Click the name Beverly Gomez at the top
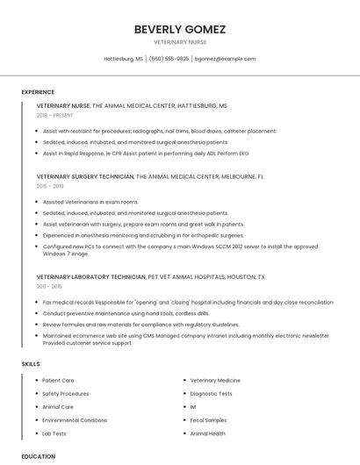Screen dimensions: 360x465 click(179, 29)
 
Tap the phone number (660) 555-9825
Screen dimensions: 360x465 click(169, 59)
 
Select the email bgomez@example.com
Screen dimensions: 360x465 click(225, 59)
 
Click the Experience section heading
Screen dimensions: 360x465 click(38, 92)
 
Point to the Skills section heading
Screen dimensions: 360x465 click(31, 363)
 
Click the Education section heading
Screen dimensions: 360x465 click(38, 456)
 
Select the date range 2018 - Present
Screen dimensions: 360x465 click(54, 115)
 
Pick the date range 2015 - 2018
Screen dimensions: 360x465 click(50, 186)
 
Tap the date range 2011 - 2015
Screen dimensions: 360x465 click(49, 286)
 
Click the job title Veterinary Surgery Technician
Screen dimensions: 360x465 click(85, 176)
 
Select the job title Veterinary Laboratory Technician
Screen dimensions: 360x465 click(91, 276)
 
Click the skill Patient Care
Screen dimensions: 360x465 click(58, 381)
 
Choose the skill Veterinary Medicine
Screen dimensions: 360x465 click(215, 381)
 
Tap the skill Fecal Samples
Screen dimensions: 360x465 click(208, 420)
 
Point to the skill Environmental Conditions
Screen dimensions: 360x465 click(75, 420)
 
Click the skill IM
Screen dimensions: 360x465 click(193, 407)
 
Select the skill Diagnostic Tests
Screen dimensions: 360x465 click(211, 394)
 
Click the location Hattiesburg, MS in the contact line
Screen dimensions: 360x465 click(124, 59)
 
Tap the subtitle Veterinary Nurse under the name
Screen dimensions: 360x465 click(179, 42)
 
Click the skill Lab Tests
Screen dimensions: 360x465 click(54, 433)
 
